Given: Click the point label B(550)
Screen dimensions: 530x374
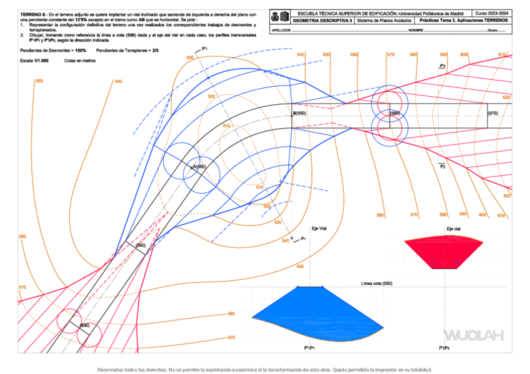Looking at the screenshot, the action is (299, 113).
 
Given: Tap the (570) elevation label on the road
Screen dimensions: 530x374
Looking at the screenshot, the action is (492, 113).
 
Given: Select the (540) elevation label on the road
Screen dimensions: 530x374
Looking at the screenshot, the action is (141, 246).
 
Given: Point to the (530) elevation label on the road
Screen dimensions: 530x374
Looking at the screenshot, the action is (85, 325).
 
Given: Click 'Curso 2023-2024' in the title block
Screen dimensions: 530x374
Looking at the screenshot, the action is (492, 12).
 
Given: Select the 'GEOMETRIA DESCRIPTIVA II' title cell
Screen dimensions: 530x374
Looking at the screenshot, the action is (323, 21).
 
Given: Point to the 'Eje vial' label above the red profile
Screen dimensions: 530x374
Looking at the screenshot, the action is (454, 229).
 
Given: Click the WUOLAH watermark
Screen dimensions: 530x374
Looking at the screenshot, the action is (473, 336).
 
